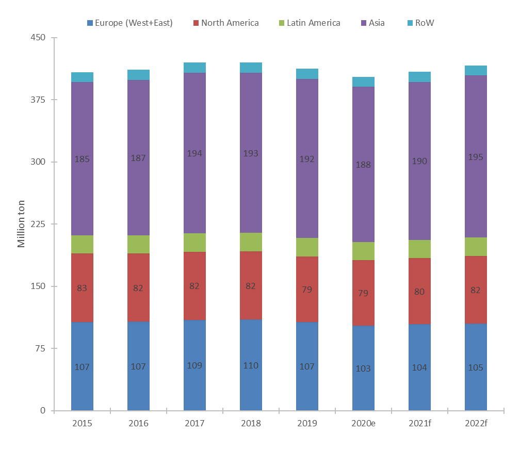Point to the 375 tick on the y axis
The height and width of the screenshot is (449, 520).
tap(38, 100)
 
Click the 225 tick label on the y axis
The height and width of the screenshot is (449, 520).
tap(38, 224)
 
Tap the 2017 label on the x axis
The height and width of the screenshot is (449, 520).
tap(194, 423)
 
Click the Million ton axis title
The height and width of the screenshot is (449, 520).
tap(21, 224)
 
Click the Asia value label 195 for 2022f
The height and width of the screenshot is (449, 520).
tap(476, 157)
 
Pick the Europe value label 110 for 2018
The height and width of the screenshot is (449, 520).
tap(251, 365)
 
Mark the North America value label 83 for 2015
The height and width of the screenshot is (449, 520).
tap(82, 288)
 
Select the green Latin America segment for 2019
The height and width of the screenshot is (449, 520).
tap(307, 247)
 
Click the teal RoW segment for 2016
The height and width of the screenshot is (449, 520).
tap(138, 75)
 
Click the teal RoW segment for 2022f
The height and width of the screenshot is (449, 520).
tap(476, 71)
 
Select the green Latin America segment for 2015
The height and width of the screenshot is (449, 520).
tap(82, 244)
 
